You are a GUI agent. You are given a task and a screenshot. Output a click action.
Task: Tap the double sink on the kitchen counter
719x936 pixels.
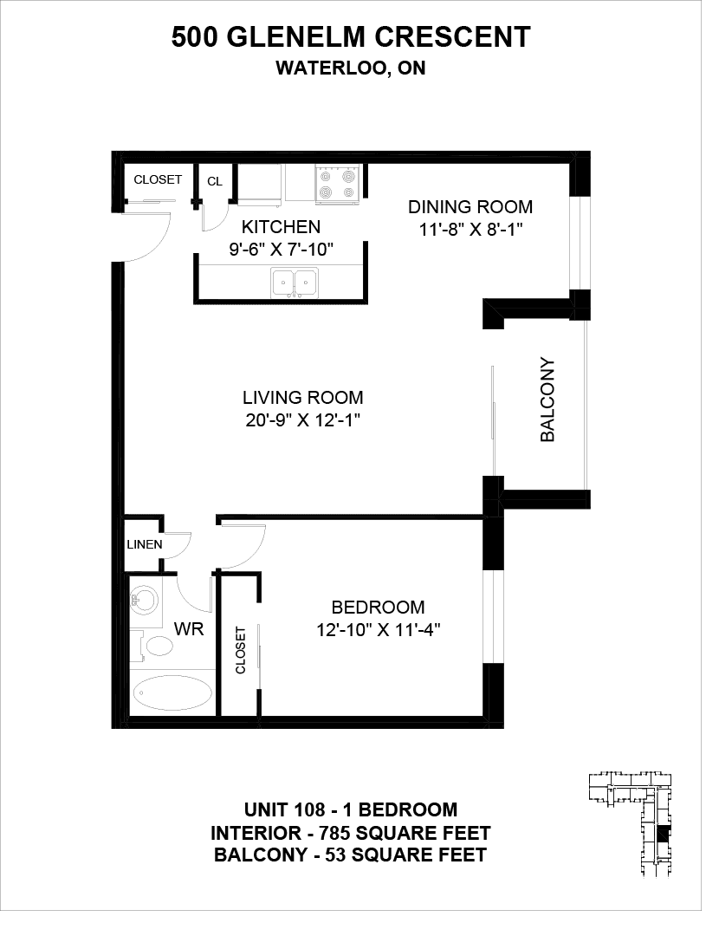[x=295, y=283]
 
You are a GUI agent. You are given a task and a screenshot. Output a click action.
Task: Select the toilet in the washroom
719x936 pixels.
[x=154, y=646]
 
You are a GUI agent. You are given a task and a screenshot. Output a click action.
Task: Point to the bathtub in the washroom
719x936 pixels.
[x=172, y=693]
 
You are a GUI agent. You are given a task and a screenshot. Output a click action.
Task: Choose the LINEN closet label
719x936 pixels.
[x=145, y=544]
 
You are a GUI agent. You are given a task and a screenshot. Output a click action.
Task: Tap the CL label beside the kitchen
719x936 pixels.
[x=215, y=181]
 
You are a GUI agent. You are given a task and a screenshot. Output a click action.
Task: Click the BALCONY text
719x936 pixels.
[x=547, y=400]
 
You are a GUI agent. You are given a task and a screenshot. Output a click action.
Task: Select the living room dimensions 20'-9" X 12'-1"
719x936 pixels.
[x=303, y=421]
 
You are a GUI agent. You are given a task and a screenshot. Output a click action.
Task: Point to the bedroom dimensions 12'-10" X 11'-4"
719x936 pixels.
[x=379, y=630]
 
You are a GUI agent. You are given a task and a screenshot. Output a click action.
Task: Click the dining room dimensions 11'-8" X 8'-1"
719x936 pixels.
[x=470, y=230]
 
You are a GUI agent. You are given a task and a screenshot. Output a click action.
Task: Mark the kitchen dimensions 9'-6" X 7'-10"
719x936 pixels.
[x=281, y=250]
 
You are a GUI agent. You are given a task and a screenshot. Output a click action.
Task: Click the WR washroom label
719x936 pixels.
[x=189, y=628]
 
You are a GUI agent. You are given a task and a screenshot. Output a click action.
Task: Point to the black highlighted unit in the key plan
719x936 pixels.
[x=664, y=834]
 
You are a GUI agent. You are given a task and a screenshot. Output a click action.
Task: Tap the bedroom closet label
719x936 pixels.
[x=241, y=650]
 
